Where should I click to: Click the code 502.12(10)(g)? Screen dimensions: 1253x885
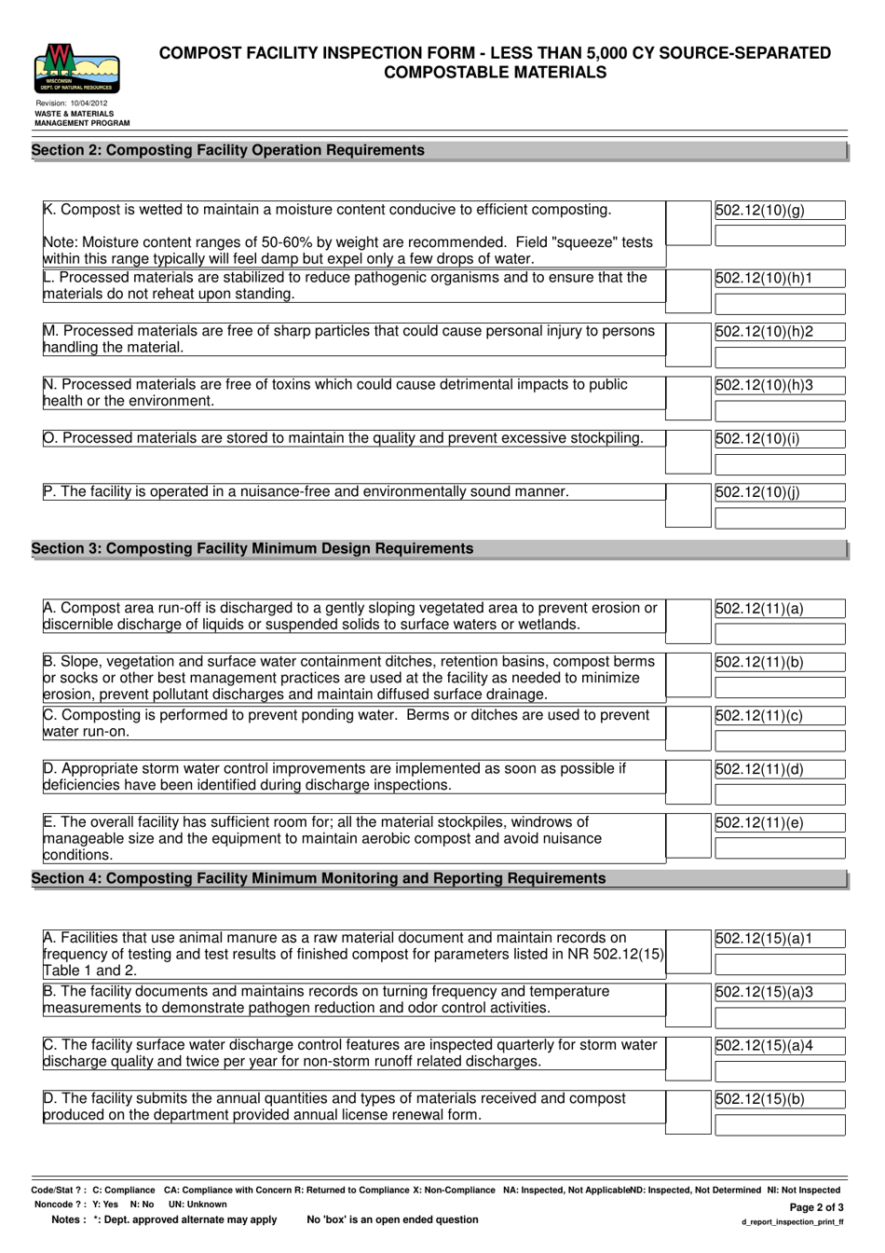(x=759, y=211)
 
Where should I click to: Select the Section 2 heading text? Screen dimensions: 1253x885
(x=228, y=150)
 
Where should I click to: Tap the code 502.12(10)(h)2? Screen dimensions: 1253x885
(x=764, y=332)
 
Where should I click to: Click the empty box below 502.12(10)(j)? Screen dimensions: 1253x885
(x=780, y=518)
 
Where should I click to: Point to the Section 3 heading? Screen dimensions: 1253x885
(x=252, y=549)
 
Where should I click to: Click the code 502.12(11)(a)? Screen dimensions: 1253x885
(x=759, y=610)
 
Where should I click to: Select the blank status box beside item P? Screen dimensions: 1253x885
(x=688, y=505)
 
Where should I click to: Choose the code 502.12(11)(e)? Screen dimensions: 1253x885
(x=759, y=823)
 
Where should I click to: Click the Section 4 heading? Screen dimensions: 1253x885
(x=319, y=879)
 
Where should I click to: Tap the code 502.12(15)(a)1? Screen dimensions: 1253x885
(x=764, y=939)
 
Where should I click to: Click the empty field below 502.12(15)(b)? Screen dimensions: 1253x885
(x=780, y=1125)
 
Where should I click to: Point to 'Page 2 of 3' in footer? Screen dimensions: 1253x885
(x=816, y=1206)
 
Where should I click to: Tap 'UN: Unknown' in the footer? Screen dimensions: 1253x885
(x=197, y=1205)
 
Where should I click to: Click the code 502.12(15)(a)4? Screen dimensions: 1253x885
(x=764, y=1046)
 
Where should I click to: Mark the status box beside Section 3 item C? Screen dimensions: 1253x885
(x=688, y=728)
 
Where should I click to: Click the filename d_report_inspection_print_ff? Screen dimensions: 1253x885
(x=793, y=1221)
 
